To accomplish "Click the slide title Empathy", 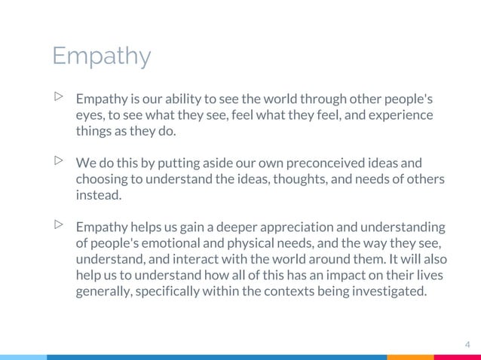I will coord(101,56).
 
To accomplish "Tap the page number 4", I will coord(467,345).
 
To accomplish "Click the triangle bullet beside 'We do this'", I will coord(59,160).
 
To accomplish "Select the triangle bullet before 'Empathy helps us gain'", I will coord(59,224).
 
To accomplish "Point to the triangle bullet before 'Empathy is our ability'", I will coord(59,97).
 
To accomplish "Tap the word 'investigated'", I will coord(385,291).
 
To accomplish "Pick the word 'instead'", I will coord(97,195).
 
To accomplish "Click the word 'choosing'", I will coord(101,179).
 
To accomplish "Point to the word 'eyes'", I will coord(89,115).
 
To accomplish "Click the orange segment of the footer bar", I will coord(411,357).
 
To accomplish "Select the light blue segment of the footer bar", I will coord(23,357).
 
